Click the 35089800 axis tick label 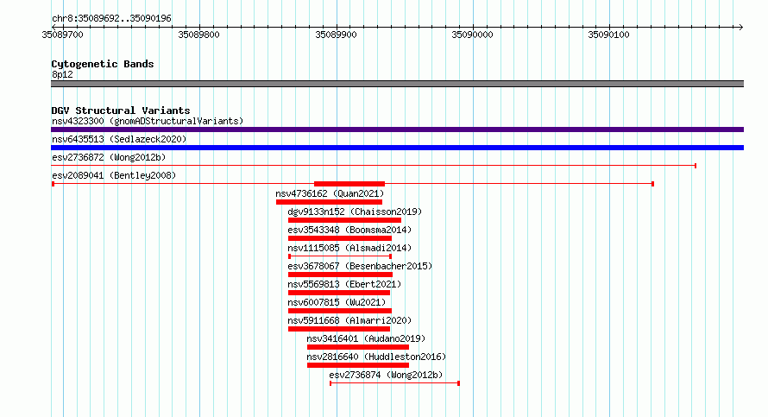pyautogui.click(x=198, y=35)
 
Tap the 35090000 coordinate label pyautogui.click(x=472, y=35)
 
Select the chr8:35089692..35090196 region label pyautogui.click(x=111, y=19)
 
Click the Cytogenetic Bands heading pyautogui.click(x=103, y=64)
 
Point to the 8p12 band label pyautogui.click(x=62, y=74)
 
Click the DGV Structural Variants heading pyautogui.click(x=121, y=111)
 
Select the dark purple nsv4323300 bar pyautogui.click(x=397, y=130)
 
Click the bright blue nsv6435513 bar pyautogui.click(x=397, y=148)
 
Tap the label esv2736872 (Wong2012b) pyautogui.click(x=109, y=157)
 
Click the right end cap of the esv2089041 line pyautogui.click(x=653, y=184)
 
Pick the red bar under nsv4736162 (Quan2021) pyautogui.click(x=329, y=202)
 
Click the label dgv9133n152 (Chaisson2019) pyautogui.click(x=355, y=212)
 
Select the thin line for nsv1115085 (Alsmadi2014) pyautogui.click(x=340, y=256)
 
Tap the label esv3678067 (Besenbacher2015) pyautogui.click(x=360, y=266)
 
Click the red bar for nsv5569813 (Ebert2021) pyautogui.click(x=339, y=293)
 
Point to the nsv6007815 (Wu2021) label pyautogui.click(x=337, y=302)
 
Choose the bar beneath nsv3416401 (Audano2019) pyautogui.click(x=358, y=347)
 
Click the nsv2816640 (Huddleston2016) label pyautogui.click(x=376, y=357)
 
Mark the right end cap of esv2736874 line pyautogui.click(x=458, y=383)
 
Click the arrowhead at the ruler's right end pyautogui.click(x=741, y=28)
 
